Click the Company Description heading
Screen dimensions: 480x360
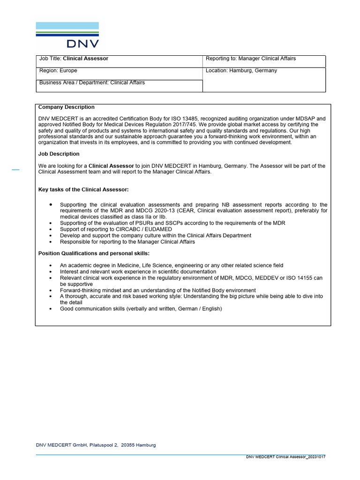pyautogui.click(x=66, y=107)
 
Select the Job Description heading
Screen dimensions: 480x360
pyautogui.click(x=59, y=154)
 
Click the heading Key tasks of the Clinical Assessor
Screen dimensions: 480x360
pyautogui.click(x=83, y=189)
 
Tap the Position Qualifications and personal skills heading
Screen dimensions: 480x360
pyautogui.click(x=94, y=254)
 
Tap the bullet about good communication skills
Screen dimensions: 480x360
pyautogui.click(x=141, y=309)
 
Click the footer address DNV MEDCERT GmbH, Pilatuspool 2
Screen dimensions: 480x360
pyautogui.click(x=96, y=445)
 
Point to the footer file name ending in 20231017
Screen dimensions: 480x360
pyautogui.click(x=285, y=457)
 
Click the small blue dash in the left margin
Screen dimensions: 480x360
pyautogui.click(x=15, y=170)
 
